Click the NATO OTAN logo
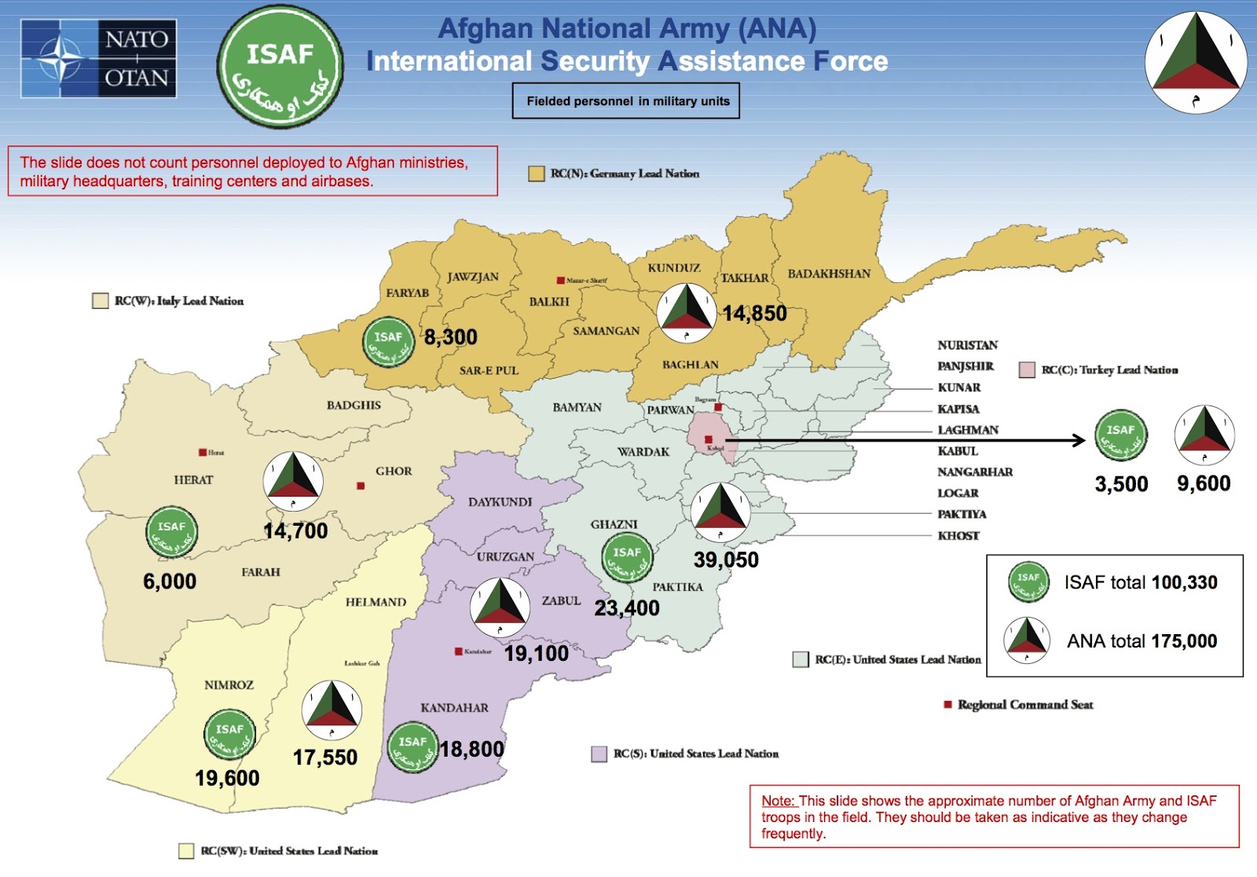point(99,59)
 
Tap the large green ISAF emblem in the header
point(280,66)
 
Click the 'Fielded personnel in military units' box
point(626,101)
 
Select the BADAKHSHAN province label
point(829,273)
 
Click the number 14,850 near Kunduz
point(754,314)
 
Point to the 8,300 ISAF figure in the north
point(450,337)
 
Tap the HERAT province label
point(193,479)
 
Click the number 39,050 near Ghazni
point(726,560)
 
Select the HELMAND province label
point(376,602)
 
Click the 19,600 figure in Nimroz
point(227,778)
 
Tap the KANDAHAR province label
point(454,707)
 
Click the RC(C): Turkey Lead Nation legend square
point(1026,370)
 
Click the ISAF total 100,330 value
point(1184,582)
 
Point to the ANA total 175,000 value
point(1184,641)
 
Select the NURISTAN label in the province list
point(967,345)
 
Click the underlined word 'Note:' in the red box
point(779,801)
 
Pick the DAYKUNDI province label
point(500,501)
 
